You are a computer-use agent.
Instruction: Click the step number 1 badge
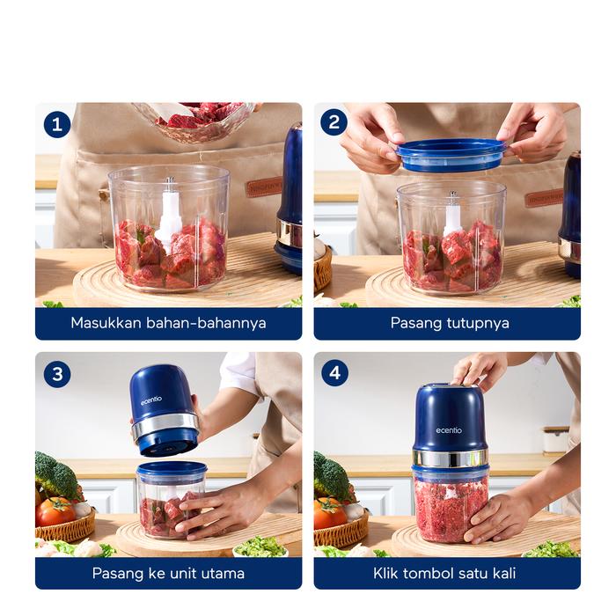tap(57, 125)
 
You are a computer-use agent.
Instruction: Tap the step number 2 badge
tap(334, 122)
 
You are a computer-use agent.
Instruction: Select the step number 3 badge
tap(57, 374)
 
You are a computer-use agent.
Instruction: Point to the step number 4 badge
tap(334, 372)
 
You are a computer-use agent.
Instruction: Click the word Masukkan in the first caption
tap(106, 323)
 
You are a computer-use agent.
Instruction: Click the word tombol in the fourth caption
tap(430, 574)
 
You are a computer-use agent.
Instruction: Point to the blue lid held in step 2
tap(451, 155)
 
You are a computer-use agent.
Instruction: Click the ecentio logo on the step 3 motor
tap(151, 400)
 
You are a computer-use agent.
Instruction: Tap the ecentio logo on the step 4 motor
tap(449, 430)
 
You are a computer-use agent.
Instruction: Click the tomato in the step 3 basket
tap(55, 511)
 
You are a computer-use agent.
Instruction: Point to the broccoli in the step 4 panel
tap(331, 477)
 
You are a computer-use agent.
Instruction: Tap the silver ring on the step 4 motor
tap(451, 458)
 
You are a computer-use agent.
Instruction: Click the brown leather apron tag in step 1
tap(264, 187)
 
